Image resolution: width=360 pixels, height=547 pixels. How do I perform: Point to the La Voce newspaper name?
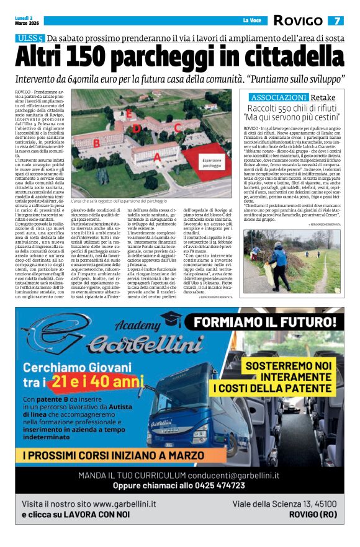point(251,21)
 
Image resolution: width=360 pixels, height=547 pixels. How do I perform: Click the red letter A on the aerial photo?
point(157,157)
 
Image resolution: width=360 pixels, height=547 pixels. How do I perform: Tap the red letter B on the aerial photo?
point(96,143)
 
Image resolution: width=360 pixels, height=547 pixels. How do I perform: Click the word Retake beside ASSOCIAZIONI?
point(323,97)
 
